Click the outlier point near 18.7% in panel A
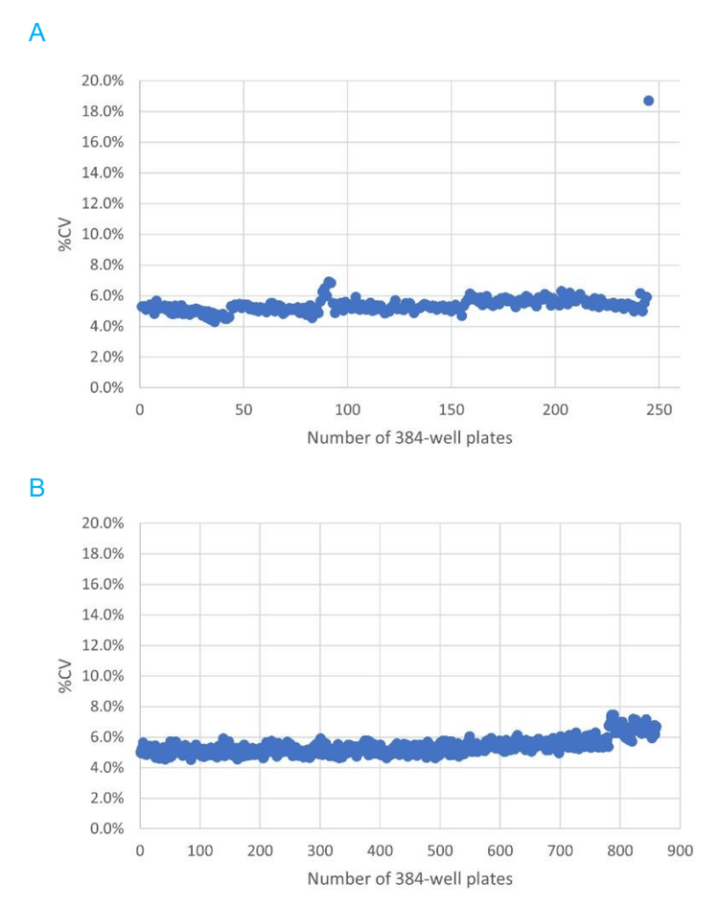click(x=648, y=101)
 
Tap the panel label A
click(x=37, y=34)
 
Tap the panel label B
click(x=37, y=488)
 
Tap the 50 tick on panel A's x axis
click(x=244, y=408)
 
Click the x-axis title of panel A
click(x=409, y=437)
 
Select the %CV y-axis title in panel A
click(x=65, y=234)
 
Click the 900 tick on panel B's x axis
click(x=680, y=849)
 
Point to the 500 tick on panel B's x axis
click(x=440, y=849)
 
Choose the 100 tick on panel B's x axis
click(x=199, y=849)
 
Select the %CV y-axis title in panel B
click(x=65, y=675)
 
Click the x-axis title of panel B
click(x=409, y=878)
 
